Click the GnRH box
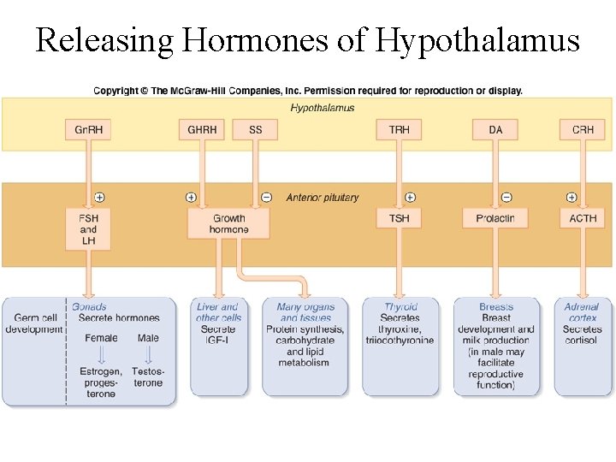tap(88, 130)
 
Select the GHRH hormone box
tap(203, 130)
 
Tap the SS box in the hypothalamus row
tap(256, 130)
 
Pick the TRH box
tap(399, 130)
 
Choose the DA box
tap(495, 130)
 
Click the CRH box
tap(583, 130)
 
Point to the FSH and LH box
tap(88, 229)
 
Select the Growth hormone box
tap(228, 223)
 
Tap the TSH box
tap(399, 218)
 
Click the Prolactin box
tap(495, 218)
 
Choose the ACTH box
tap(583, 218)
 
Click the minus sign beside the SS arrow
tap(266, 198)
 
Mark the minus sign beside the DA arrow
tap(506, 198)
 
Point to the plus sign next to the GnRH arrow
tap(99, 198)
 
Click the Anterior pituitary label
tap(323, 198)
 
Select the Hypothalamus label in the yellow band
tap(323, 108)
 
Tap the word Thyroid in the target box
tap(400, 306)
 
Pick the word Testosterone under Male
tap(148, 377)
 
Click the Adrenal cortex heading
tap(582, 312)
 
